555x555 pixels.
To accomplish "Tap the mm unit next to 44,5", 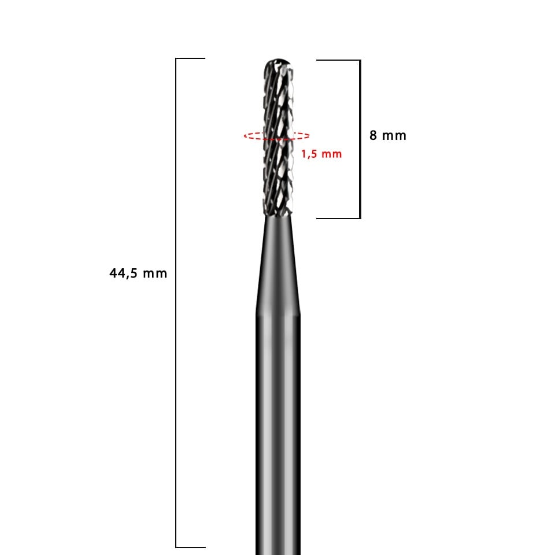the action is click(x=155, y=274).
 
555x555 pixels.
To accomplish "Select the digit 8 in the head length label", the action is click(x=373, y=135).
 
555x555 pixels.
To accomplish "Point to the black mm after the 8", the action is click(x=394, y=136).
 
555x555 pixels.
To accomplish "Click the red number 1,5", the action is click(x=309, y=154).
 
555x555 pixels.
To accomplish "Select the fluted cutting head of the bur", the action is click(x=278, y=138).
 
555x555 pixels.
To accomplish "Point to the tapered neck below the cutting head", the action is click(x=278, y=265).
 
